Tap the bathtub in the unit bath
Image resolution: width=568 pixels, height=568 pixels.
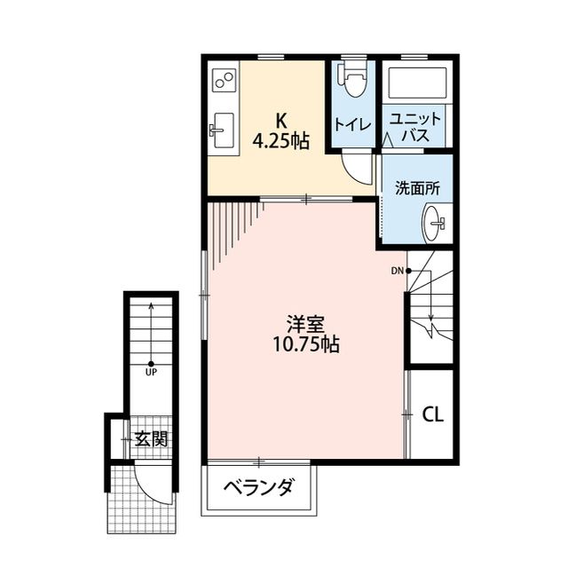[x=417, y=83]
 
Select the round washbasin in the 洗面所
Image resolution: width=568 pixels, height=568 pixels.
[x=434, y=224]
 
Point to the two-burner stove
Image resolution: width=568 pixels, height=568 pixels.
[x=225, y=80]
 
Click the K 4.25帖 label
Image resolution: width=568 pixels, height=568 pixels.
[x=280, y=130]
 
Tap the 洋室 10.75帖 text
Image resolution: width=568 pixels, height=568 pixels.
[x=305, y=334]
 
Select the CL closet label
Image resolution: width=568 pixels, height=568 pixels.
[x=432, y=414]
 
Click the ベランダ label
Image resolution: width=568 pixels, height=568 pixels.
[x=258, y=487]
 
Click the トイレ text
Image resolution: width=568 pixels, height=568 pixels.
[x=353, y=124]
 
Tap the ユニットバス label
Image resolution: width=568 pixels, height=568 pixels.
[x=415, y=127]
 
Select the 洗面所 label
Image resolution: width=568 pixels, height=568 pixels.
[x=417, y=188]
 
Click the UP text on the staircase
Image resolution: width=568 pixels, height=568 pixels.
[x=152, y=372]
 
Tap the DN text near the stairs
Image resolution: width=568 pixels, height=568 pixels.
[x=398, y=271]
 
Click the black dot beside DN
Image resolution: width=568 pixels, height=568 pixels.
[x=408, y=271]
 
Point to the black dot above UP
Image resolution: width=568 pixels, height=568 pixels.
[x=151, y=364]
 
